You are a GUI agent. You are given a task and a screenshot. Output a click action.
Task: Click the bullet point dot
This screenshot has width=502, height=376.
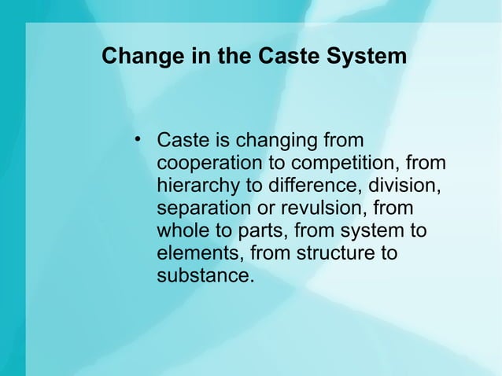pyautogui.click(x=138, y=142)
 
